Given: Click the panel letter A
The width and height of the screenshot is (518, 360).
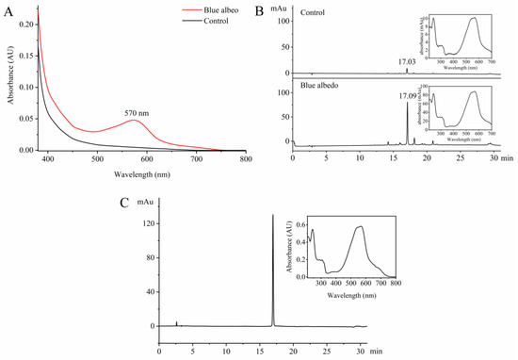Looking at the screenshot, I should (x=8, y=8).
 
